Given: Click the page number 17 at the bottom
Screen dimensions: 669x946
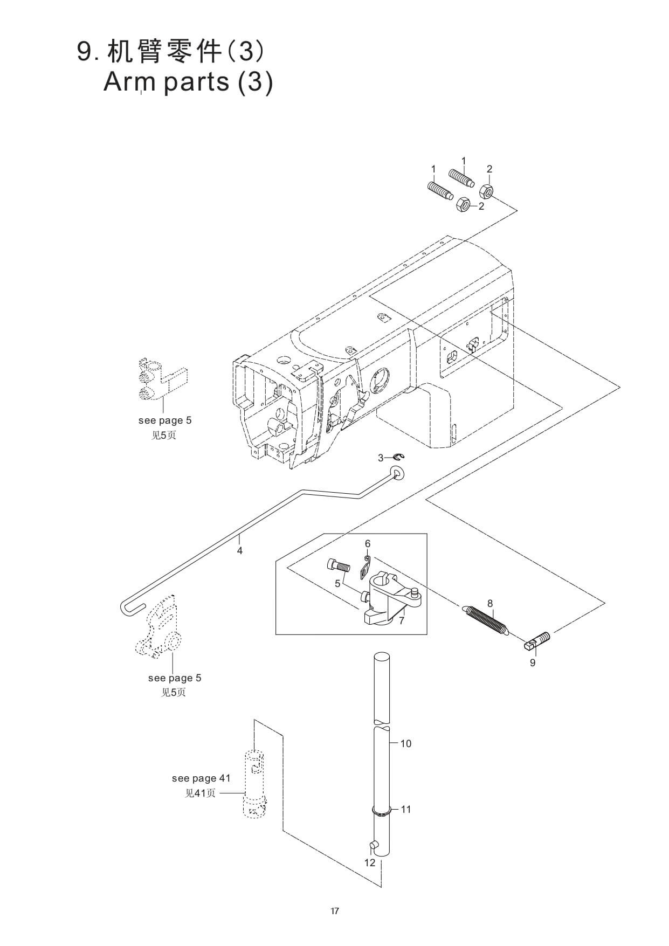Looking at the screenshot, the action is (335, 911).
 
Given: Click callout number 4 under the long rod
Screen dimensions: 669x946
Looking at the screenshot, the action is (240, 550).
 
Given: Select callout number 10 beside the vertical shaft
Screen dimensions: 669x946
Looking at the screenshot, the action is (406, 743).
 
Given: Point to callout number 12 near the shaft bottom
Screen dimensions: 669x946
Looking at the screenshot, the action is (370, 862).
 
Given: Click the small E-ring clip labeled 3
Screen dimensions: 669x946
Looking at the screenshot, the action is (399, 458).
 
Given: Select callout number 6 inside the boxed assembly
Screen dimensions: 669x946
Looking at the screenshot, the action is (368, 543).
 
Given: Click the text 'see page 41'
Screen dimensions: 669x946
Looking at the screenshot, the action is (201, 778).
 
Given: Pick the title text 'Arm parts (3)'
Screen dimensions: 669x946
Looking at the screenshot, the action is (188, 82).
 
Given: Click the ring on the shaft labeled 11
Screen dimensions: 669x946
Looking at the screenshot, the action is (381, 810).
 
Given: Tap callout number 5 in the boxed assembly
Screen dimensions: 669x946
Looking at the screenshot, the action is (337, 583).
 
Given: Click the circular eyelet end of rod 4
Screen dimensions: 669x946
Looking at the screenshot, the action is (398, 474).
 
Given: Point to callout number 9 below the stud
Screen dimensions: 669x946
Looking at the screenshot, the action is (533, 662).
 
